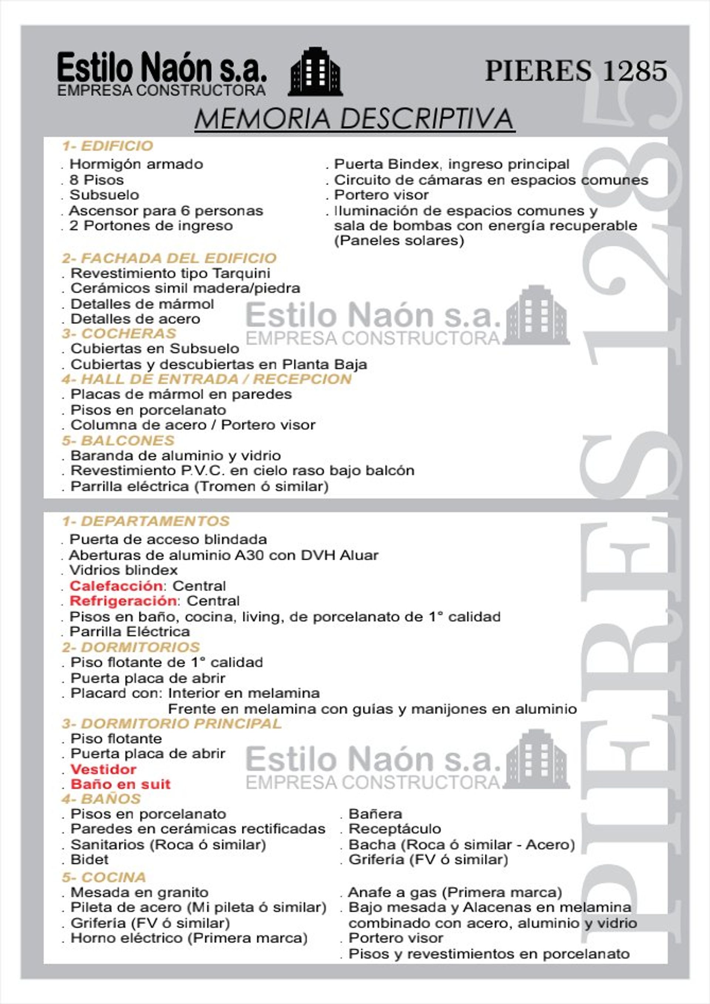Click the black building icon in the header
(x=315, y=71)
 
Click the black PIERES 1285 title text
(x=576, y=71)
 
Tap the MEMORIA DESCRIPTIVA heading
(x=354, y=119)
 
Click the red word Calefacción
(x=116, y=585)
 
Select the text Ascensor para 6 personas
(x=166, y=211)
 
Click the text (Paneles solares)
(x=399, y=240)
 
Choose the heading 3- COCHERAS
(x=119, y=333)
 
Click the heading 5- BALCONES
(x=118, y=440)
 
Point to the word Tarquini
(x=241, y=273)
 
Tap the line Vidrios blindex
(x=124, y=570)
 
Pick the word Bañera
(x=375, y=814)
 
